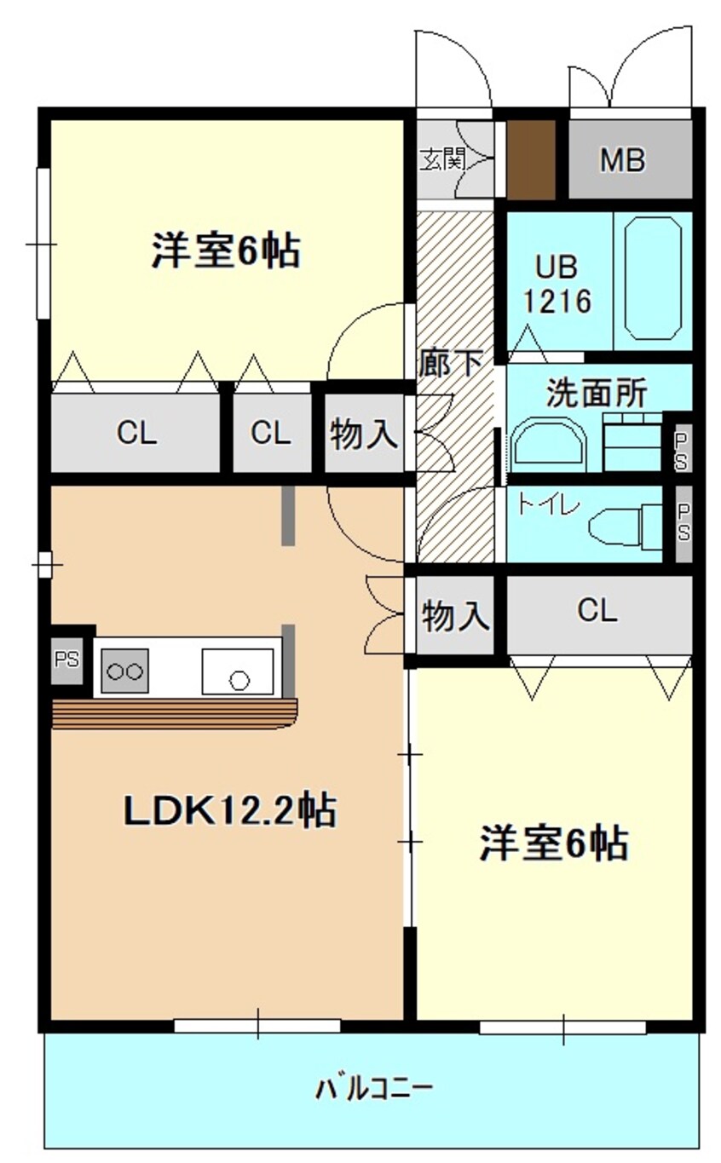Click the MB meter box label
622,159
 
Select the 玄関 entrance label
440,159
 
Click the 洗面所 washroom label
596,394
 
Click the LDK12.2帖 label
229,810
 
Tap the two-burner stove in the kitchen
124,670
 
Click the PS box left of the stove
66,660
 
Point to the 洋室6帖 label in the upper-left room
226,250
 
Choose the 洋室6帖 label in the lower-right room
554,843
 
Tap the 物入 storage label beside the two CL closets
364,435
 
